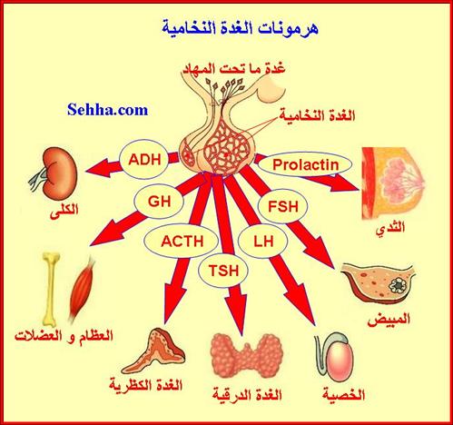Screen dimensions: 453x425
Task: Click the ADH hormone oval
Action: pyautogui.click(x=144, y=160)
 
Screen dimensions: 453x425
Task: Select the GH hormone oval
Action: pyautogui.click(x=159, y=202)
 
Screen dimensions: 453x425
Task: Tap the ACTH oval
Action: pyautogui.click(x=181, y=241)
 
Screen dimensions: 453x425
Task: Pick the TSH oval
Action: pyautogui.click(x=223, y=271)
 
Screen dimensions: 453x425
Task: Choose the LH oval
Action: pyautogui.click(x=262, y=241)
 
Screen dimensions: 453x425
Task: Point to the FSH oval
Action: pyautogui.click(x=282, y=206)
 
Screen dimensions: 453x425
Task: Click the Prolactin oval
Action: pyautogui.click(x=305, y=165)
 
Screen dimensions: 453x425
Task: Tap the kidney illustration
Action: pyautogui.click(x=54, y=173)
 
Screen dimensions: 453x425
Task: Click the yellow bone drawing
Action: pyautogui.click(x=50, y=290)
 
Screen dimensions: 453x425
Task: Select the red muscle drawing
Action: pyautogui.click(x=81, y=289)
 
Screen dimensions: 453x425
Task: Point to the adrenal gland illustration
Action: pyautogui.click(x=153, y=351)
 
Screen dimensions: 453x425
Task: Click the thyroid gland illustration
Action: pyautogui.click(x=247, y=355)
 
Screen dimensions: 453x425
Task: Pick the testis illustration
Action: pyautogui.click(x=334, y=357)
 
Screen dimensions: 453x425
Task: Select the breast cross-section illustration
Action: pyautogui.click(x=392, y=183)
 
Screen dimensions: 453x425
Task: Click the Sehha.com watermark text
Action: pyautogui.click(x=108, y=110)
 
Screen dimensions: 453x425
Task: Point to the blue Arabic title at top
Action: pyautogui.click(x=240, y=27)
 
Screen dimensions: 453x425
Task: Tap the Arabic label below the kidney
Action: pyautogui.click(x=64, y=209)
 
